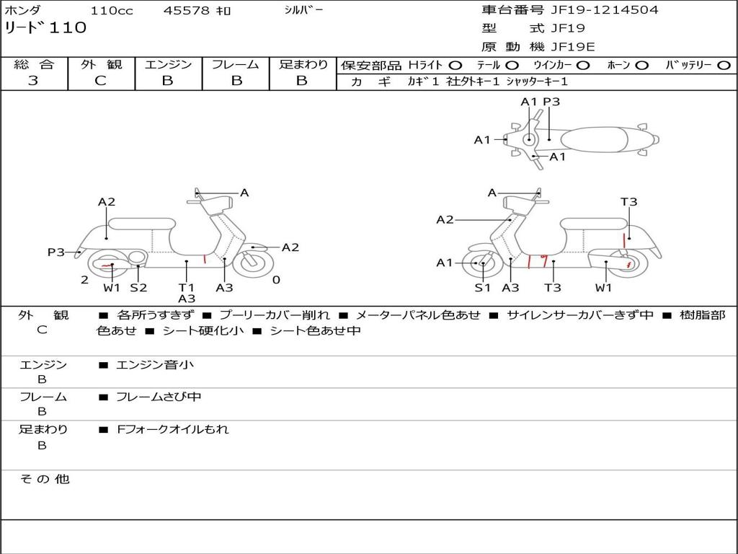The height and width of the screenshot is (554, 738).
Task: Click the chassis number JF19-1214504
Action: pos(605,9)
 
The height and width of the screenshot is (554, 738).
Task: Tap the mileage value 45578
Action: pos(186,10)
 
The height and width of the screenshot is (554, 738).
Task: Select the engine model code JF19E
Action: pos(573,47)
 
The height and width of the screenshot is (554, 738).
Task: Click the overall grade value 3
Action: pos(33,81)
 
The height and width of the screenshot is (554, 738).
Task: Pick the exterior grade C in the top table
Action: pos(100,81)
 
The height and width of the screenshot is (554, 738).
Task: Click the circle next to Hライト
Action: pos(455,66)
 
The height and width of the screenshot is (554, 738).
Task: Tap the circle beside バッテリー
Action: pos(724,66)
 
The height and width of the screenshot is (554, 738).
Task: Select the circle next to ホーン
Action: pos(641,66)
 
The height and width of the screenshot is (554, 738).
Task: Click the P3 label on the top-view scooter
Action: pos(551,102)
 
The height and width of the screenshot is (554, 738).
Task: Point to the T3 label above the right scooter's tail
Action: pos(628,202)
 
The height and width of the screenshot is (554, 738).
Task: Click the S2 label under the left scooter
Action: pos(139,287)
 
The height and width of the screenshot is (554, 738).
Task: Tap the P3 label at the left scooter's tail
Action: pos(56,252)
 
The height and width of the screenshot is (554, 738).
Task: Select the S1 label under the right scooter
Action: pos(482,287)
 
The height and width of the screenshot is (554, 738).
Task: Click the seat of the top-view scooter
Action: pos(594,140)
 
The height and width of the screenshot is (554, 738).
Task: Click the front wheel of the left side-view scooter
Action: pos(254,263)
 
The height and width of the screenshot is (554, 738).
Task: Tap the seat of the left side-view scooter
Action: pos(142,224)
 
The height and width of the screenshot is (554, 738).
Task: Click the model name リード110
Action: pos(45,28)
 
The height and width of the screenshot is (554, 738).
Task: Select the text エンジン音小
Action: pos(154,364)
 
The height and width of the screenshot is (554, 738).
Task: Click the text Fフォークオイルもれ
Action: pos(173,429)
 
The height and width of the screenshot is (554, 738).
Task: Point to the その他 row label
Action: pos(45,479)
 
